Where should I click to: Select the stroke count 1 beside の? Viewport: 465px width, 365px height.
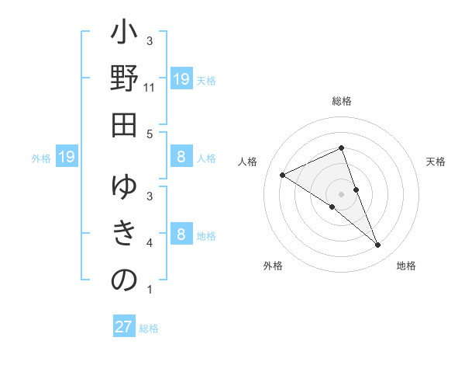[149, 290]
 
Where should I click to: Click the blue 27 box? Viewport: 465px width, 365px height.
[123, 327]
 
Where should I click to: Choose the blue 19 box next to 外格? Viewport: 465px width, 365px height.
[67, 158]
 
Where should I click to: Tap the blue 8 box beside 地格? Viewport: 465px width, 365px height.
[181, 235]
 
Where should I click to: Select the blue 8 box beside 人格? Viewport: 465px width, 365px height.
[181, 158]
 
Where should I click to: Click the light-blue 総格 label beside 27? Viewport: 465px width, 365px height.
[149, 328]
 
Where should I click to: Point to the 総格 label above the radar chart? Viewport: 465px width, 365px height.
[342, 102]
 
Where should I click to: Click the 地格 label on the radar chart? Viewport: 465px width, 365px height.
[406, 266]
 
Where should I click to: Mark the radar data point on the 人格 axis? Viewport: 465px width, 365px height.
[282, 176]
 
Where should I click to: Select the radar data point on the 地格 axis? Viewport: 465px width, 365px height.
[378, 245]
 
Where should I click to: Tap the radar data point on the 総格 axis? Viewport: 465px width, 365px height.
[341, 148]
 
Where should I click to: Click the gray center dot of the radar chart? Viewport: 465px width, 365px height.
[341, 193]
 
